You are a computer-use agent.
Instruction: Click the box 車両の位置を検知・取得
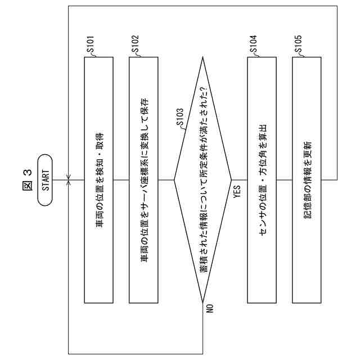click(x=98, y=180)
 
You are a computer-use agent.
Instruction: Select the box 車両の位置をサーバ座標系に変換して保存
click(x=143, y=180)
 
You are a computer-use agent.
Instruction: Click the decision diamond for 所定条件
click(x=202, y=180)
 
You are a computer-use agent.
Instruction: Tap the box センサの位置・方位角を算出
click(x=262, y=180)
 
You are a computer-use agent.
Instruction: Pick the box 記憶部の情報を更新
click(x=307, y=180)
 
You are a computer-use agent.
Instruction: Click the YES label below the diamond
click(x=237, y=192)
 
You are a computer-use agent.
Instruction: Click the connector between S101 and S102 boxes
click(x=121, y=180)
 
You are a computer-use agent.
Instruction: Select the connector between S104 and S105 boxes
click(x=284, y=180)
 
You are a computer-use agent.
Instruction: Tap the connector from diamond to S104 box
click(x=240, y=180)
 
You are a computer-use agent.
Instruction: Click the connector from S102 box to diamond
click(x=166, y=180)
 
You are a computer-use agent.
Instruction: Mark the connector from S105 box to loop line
click(x=329, y=180)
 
